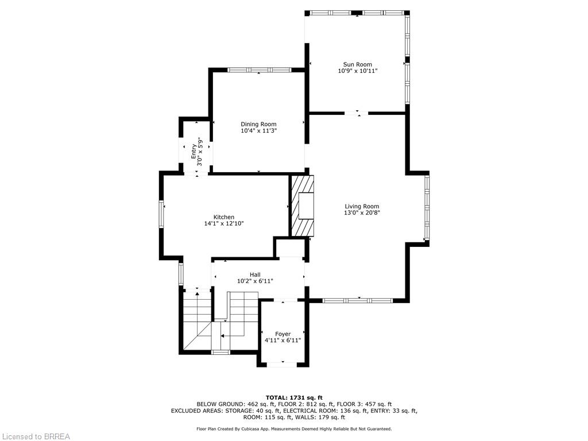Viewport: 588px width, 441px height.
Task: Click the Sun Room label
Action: (357, 64)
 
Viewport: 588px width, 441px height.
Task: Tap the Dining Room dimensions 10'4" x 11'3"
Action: (259, 131)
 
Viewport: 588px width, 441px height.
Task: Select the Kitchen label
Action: (224, 217)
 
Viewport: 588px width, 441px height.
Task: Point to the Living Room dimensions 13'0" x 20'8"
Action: (362, 212)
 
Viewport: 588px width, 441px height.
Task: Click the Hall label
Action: (255, 275)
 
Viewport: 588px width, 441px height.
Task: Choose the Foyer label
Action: (283, 334)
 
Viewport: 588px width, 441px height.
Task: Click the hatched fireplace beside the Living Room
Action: (303, 206)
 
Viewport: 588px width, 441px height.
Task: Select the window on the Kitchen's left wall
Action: (161, 214)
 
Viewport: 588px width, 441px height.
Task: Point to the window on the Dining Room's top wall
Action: (260, 69)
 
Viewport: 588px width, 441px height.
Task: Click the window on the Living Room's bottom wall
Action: (358, 300)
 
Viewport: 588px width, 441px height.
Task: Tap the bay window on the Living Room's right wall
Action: (427, 207)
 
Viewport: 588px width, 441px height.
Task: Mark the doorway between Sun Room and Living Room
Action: (357, 113)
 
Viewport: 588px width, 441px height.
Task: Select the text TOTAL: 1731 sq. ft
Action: (294, 397)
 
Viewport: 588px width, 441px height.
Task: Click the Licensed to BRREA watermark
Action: (35, 436)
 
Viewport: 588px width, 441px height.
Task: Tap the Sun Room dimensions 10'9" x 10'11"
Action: (357, 71)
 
